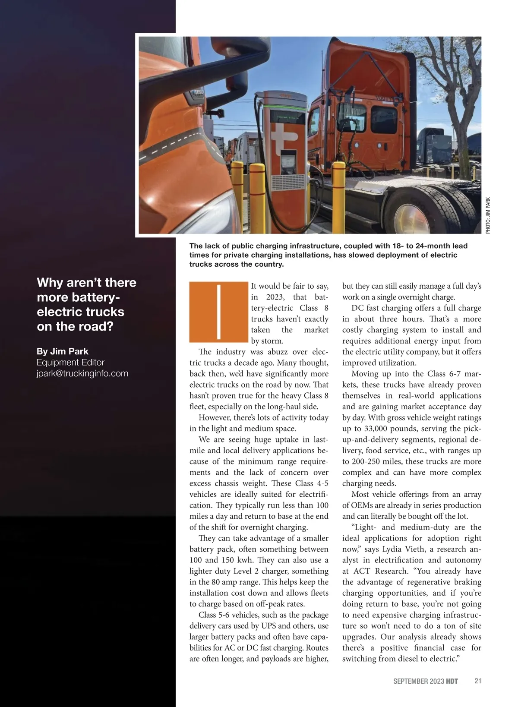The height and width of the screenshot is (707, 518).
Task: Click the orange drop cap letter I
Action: [x=218, y=312]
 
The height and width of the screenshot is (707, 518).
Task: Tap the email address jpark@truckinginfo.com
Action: [x=82, y=373]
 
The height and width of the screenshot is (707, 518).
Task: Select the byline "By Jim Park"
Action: [x=63, y=351]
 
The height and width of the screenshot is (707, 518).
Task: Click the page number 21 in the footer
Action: [x=478, y=681]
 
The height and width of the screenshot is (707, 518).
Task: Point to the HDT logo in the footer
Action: [x=452, y=681]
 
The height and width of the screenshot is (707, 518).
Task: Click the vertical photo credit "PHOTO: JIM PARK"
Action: [x=488, y=216]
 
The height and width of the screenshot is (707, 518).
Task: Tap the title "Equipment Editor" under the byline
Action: [x=70, y=363]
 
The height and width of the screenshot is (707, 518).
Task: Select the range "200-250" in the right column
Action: [x=366, y=461]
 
